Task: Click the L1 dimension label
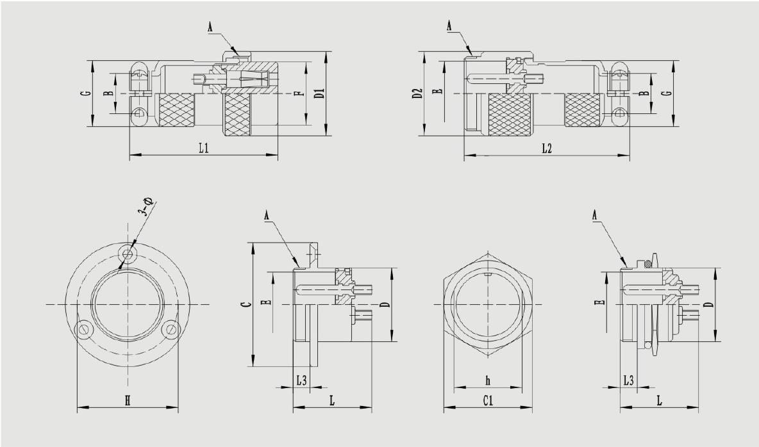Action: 203,148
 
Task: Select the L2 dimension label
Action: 546,148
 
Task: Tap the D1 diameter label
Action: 319,93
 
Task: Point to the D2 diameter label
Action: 417,93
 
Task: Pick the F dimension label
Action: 297,94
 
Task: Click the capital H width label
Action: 128,401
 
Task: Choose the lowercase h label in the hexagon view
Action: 487,381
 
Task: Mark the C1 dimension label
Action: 487,401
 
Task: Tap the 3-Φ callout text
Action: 146,210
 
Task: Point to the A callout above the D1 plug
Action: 210,26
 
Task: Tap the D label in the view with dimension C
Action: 383,305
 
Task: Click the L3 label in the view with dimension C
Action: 301,381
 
